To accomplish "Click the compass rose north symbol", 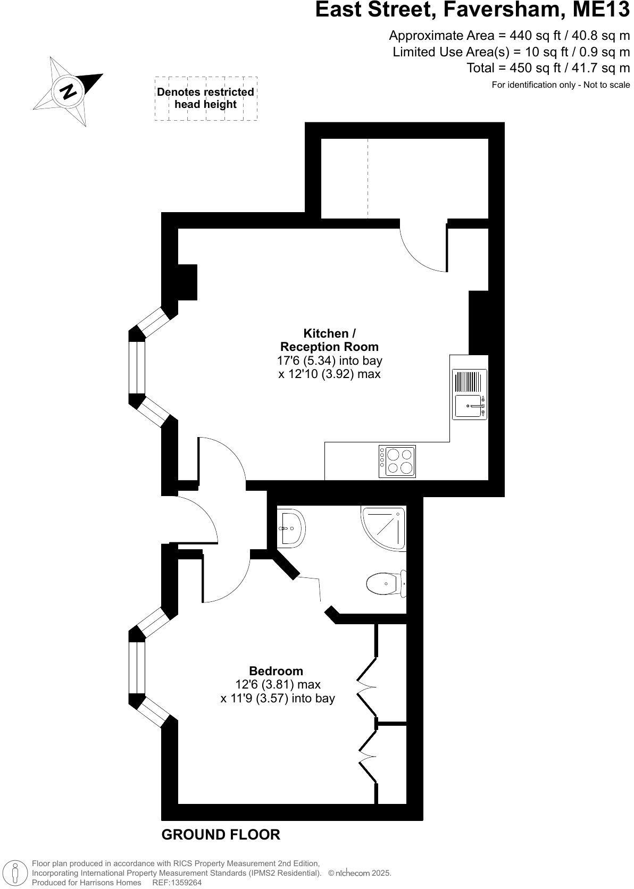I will tap(68, 91).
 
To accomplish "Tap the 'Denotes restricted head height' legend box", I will tap(206, 98).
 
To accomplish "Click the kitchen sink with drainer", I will tap(469, 394).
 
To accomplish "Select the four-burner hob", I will tap(397, 461).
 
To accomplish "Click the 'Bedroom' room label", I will tap(276, 671).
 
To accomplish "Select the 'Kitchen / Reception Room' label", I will tap(329, 340).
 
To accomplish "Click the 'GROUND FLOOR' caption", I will tap(221, 835).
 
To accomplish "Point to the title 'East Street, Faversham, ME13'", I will tap(472, 10).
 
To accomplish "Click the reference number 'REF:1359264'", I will tap(177, 883).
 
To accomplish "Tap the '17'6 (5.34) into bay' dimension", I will tap(329, 360).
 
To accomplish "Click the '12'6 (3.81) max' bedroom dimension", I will tap(278, 684).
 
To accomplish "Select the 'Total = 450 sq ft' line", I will tap(548, 68).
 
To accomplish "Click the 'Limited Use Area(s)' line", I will tap(511, 52).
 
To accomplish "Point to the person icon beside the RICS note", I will tap(16, 873).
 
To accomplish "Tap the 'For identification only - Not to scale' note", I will tap(561, 85).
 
